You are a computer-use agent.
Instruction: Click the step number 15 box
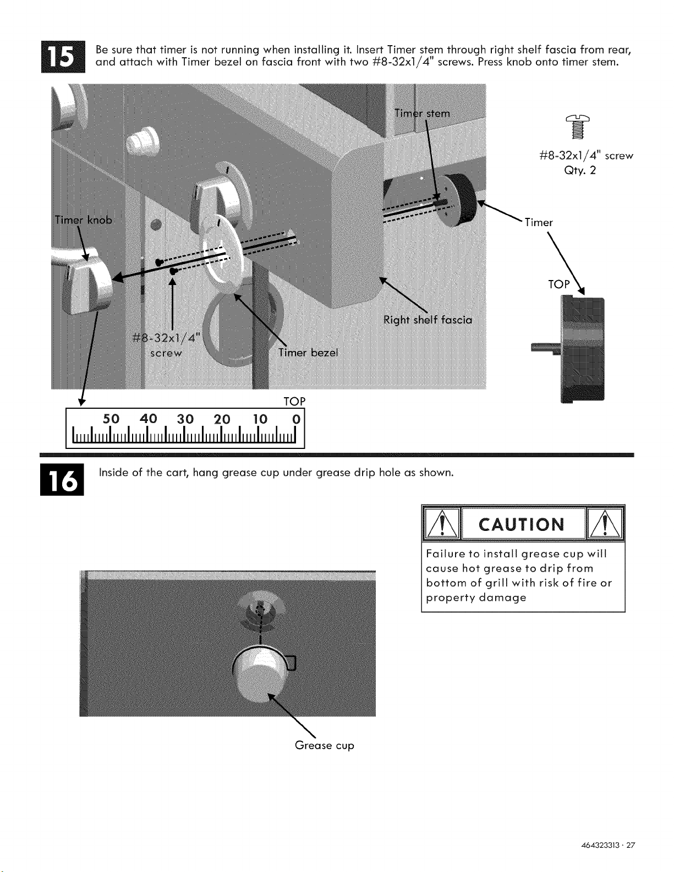pos(63,57)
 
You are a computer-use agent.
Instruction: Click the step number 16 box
pos(62,479)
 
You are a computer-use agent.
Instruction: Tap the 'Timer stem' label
pos(422,113)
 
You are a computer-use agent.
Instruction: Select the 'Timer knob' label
pos(84,220)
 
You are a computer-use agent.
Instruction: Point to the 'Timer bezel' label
pos(308,352)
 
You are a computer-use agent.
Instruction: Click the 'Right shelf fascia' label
pos(428,320)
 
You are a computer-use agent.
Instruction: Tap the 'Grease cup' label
pos(324,745)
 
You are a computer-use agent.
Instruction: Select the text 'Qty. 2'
pos(580,171)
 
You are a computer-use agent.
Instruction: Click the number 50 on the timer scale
pos(111,419)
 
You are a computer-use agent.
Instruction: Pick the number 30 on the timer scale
pos(185,419)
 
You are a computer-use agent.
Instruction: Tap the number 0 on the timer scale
pos(296,419)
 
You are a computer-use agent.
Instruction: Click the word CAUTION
pos(522,524)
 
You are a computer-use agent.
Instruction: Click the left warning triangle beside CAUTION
pos(442,524)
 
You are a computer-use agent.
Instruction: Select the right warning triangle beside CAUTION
pos(605,524)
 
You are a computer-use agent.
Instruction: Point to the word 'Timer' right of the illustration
pos(539,222)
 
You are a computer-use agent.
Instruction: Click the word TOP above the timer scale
pos(294,401)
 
